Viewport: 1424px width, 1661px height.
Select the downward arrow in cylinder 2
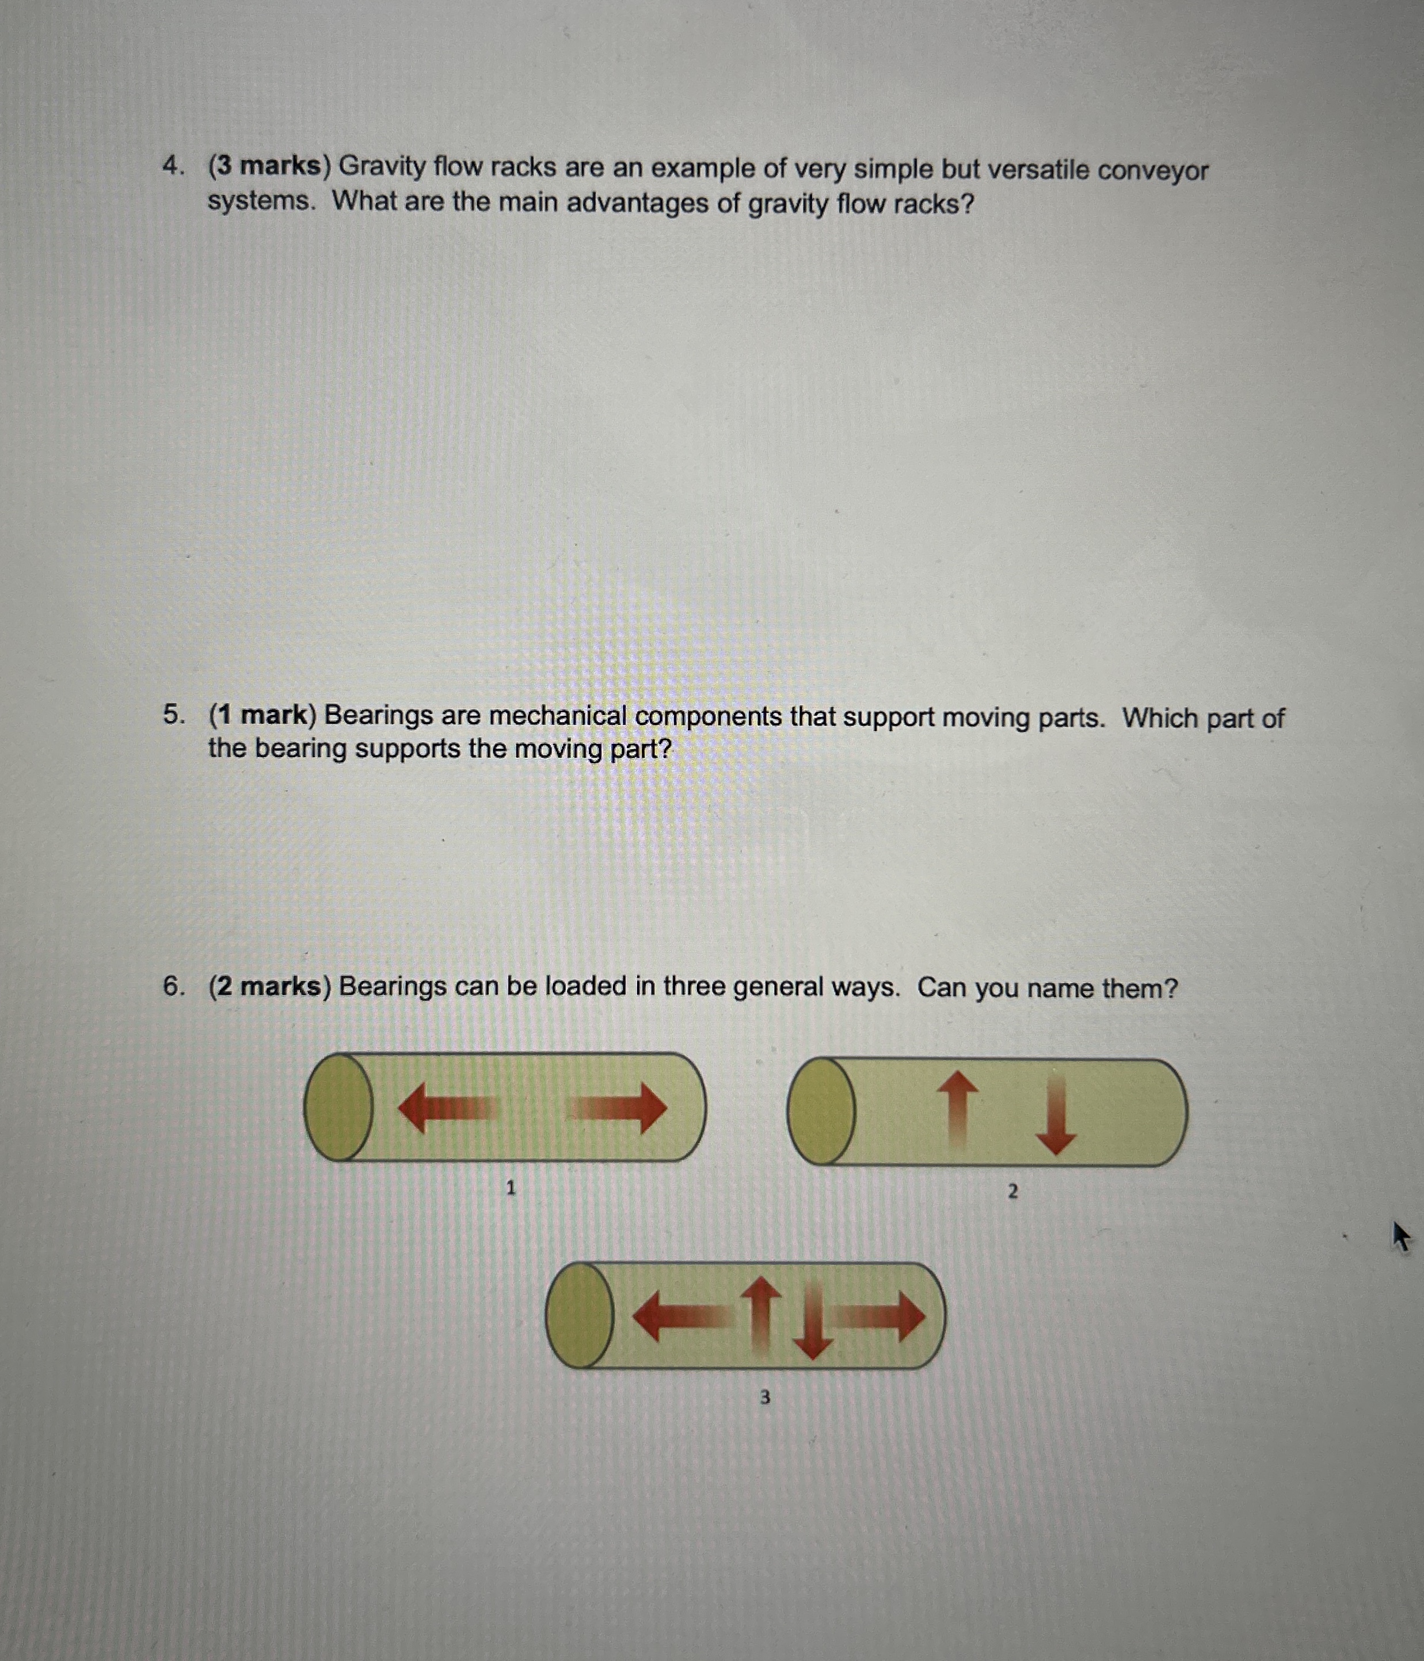[x=1055, y=1117]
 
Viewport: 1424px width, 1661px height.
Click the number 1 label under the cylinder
[x=510, y=1188]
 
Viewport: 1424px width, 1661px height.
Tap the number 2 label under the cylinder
[x=1012, y=1192]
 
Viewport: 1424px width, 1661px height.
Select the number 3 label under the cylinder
[x=764, y=1398]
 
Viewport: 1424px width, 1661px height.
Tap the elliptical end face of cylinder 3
[x=580, y=1315]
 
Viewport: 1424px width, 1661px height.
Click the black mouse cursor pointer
[x=1400, y=1236]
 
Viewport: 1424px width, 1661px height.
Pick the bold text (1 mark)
[x=263, y=714]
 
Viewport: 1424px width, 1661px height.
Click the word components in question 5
[x=708, y=717]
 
